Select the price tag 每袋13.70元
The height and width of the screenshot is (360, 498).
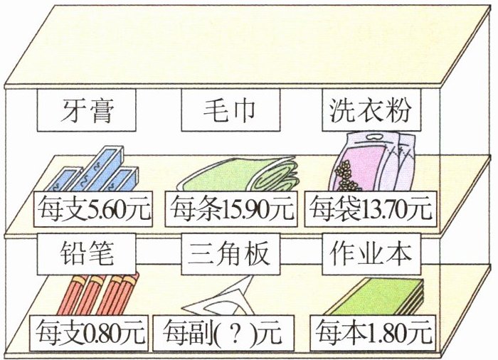[371, 209]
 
